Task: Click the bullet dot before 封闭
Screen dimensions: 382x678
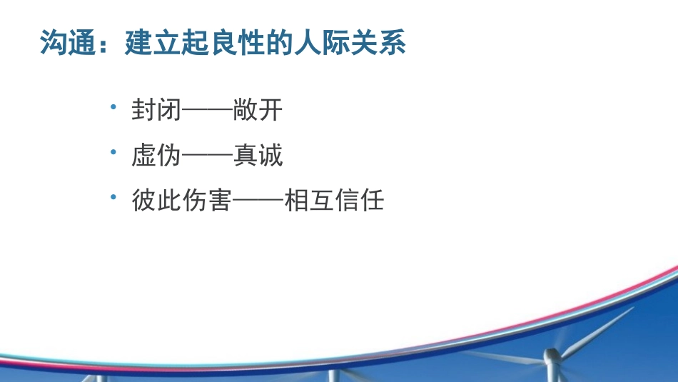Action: click(113, 107)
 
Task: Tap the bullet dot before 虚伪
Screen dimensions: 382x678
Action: click(113, 153)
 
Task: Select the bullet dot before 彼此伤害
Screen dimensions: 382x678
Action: click(113, 198)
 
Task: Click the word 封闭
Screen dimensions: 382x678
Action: click(156, 111)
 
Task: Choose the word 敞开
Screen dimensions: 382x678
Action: click(258, 111)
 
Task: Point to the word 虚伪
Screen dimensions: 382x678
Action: click(156, 156)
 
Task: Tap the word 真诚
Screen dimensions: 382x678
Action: click(258, 156)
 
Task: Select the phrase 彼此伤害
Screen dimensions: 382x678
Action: click(181, 201)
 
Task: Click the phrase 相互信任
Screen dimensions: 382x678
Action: click(334, 201)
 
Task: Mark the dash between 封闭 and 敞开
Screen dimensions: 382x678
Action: click(207, 111)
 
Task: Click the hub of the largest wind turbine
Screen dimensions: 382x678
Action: click(552, 355)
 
